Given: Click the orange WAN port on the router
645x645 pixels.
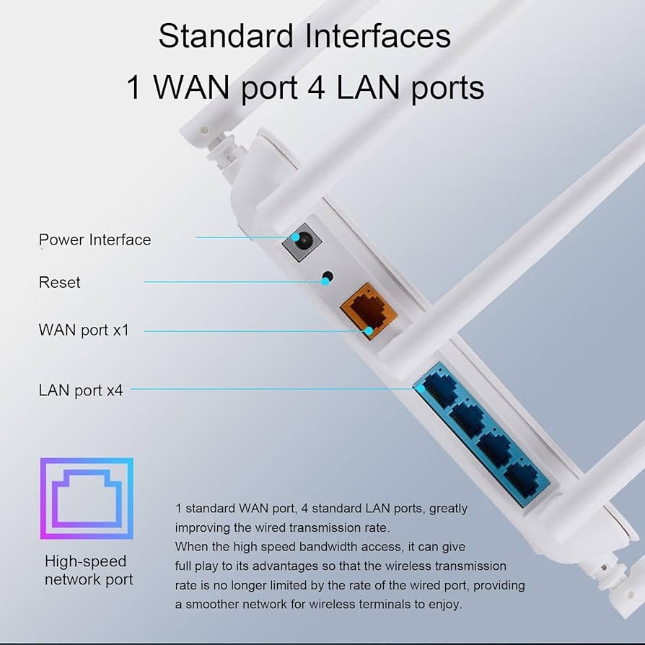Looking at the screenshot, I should coord(368,310).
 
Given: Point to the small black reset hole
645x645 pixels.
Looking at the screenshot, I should coord(328,276).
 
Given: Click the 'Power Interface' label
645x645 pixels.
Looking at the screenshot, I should coord(95,240).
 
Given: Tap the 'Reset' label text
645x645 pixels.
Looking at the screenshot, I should coord(59,282).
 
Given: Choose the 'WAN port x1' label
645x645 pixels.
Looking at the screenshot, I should coord(83,330).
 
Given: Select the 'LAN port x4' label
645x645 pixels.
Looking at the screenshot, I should coord(81,390).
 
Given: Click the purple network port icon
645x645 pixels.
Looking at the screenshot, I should coord(87,498).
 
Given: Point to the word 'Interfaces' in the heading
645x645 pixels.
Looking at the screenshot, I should coord(379,35).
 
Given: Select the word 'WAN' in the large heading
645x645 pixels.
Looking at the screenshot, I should coord(195,87).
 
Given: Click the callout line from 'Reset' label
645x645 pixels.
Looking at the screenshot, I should coord(231,281).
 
